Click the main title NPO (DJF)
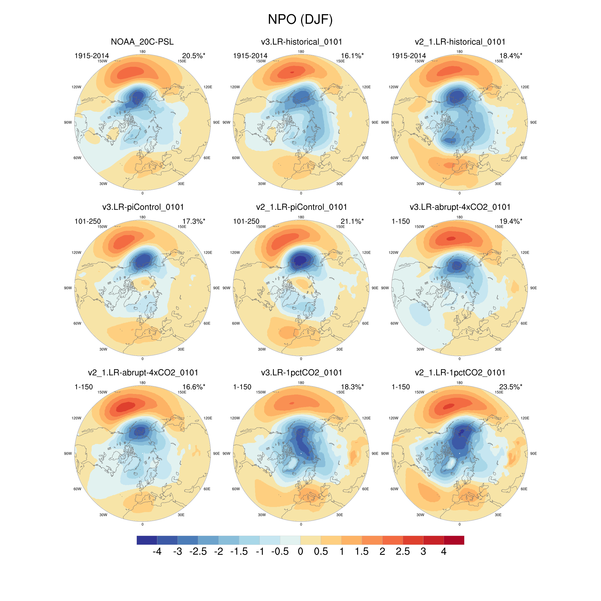tap(300, 19)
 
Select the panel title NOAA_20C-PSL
tap(142, 42)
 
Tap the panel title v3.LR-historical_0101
tap(301, 42)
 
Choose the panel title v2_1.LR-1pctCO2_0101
tap(460, 372)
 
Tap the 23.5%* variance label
tap(510, 387)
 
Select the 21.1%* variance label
tap(352, 221)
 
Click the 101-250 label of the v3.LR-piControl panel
tap(88, 221)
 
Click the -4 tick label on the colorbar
tap(157, 552)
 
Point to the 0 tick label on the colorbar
tap(300, 552)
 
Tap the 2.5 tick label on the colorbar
tap(403, 552)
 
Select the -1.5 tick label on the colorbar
tap(239, 552)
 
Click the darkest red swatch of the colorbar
tap(454, 540)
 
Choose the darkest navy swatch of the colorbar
tap(147, 540)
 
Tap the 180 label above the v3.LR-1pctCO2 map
tap(301, 383)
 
